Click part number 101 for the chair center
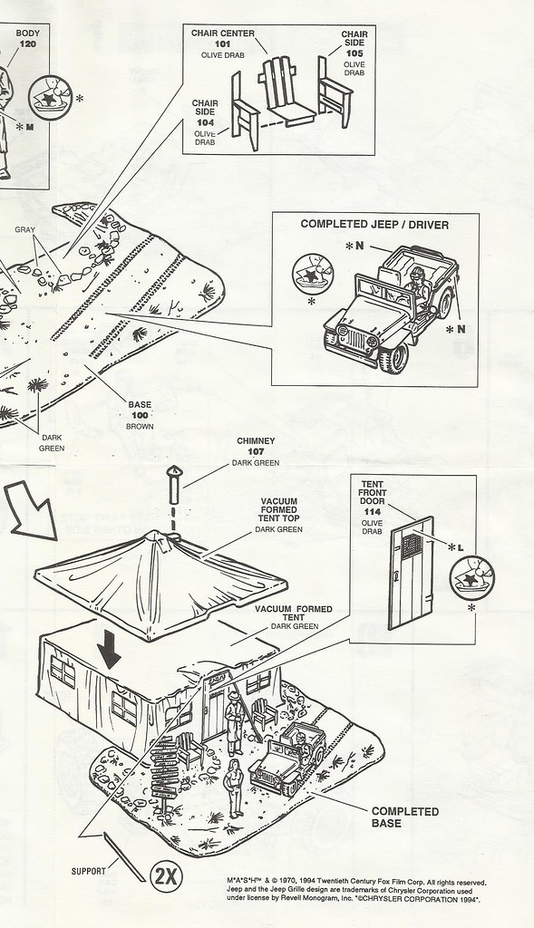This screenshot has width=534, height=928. point(223,44)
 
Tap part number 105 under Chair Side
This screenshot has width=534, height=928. point(354,53)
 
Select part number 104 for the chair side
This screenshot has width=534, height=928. point(206,122)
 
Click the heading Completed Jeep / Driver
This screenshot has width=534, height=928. point(374,225)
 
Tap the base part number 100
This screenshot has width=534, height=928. point(140,415)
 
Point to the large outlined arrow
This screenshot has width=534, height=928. point(33,510)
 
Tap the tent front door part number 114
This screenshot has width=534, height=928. point(373,512)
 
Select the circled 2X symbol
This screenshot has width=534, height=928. point(166,876)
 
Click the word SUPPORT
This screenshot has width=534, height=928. point(89,871)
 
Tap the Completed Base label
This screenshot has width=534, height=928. point(405,817)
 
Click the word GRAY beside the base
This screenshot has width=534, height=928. point(24,229)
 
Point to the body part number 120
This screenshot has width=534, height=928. point(28,43)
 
